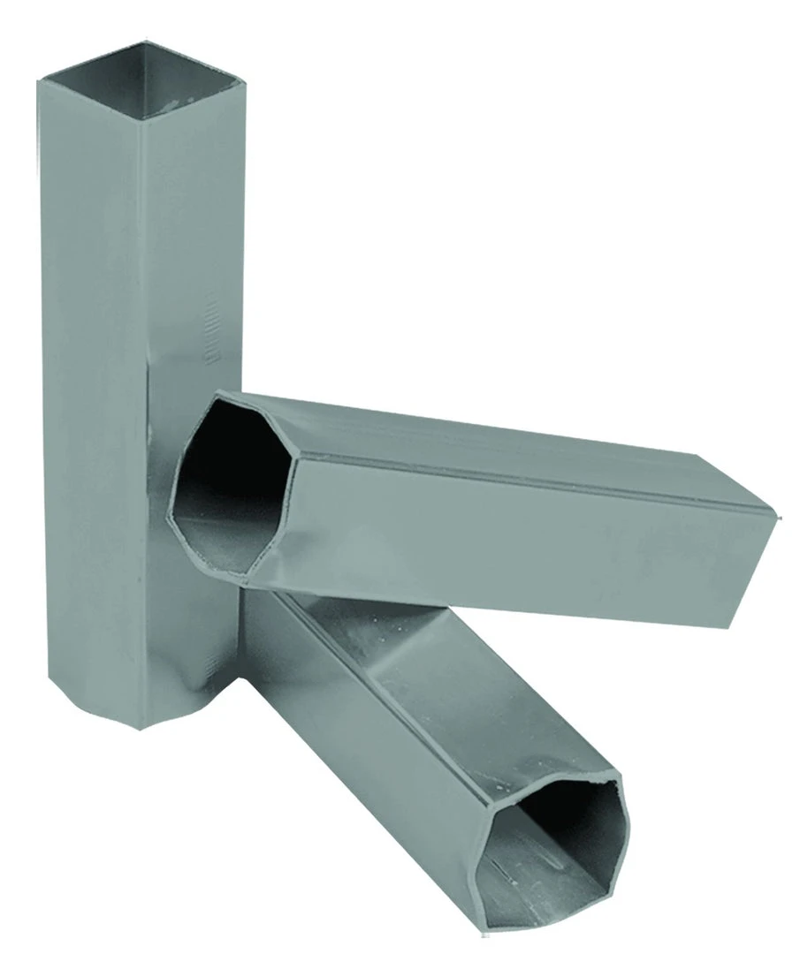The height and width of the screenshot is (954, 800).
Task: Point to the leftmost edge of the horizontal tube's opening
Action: point(171,503)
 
